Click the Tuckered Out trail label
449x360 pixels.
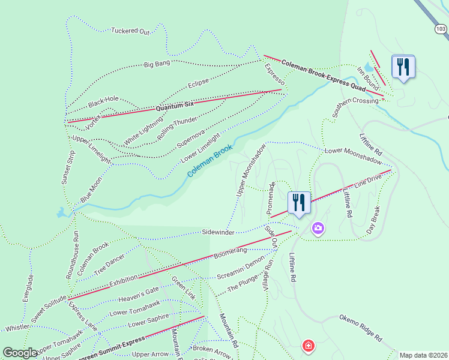130,31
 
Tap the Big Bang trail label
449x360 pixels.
157,63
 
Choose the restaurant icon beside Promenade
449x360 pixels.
298,202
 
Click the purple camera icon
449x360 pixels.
318,228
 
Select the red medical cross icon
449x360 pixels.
308,346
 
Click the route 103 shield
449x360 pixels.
441,28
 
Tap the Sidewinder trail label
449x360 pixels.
218,232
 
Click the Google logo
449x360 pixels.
20,353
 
